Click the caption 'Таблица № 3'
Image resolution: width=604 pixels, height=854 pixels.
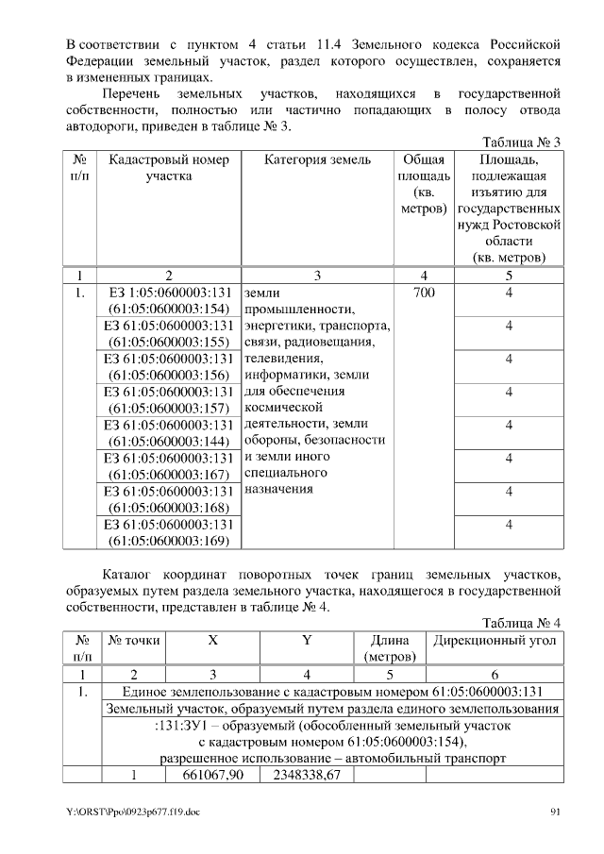[x=522, y=142]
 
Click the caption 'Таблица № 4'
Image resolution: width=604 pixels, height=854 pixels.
[x=522, y=623]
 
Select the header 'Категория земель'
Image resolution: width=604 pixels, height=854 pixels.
[x=317, y=160]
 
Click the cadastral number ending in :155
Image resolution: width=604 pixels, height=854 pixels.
[x=169, y=334]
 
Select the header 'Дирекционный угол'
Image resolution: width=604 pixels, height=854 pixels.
[x=495, y=641]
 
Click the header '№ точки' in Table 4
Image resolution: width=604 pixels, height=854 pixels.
[x=135, y=641]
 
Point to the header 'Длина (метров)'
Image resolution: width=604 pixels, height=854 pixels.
[x=389, y=648]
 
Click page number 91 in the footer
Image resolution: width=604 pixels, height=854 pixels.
[x=555, y=812]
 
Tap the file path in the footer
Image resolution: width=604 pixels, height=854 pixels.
[x=133, y=812]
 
